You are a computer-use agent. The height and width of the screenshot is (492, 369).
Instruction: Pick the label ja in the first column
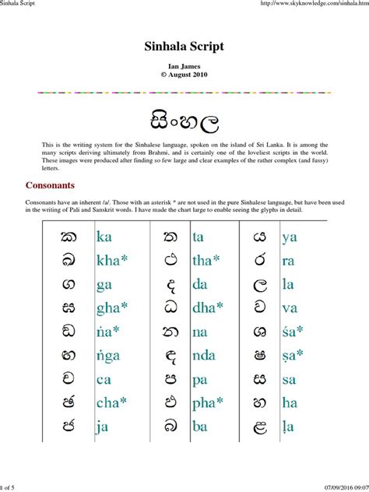[x=104, y=427]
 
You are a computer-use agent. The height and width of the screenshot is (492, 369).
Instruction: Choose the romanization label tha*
[x=208, y=262]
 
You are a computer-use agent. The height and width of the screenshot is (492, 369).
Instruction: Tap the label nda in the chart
[x=206, y=356]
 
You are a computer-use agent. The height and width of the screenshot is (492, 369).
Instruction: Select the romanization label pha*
[x=209, y=403]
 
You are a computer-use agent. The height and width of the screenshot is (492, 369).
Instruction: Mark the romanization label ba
[x=201, y=427]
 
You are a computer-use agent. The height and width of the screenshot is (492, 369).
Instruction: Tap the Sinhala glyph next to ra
[x=261, y=262]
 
